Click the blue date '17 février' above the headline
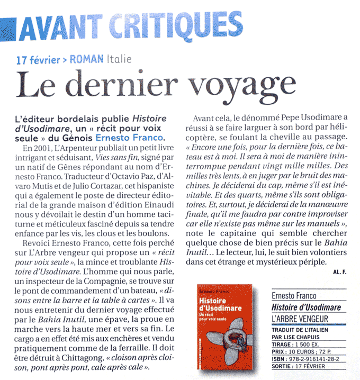coord(38,59)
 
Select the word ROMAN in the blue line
coord(87,59)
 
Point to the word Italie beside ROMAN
coord(119,59)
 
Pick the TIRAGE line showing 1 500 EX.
coord(302,342)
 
